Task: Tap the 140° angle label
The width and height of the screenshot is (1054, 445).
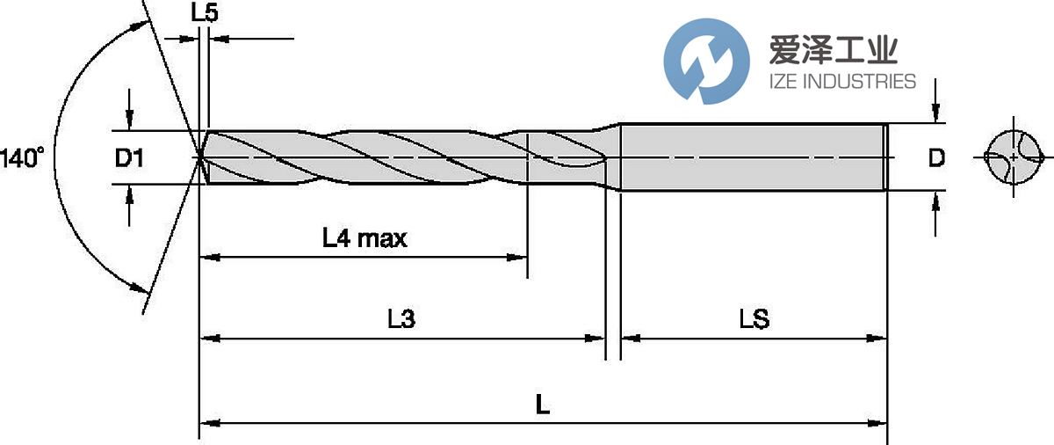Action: pyautogui.click(x=21, y=159)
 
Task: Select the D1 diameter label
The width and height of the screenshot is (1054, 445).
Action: pyautogui.click(x=129, y=159)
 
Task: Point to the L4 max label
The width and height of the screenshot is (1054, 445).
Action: pyautogui.click(x=365, y=237)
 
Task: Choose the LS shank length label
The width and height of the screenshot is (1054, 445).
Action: pyautogui.click(x=754, y=319)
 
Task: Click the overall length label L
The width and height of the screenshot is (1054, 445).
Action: pyautogui.click(x=543, y=406)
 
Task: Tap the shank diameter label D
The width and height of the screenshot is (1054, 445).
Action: pyautogui.click(x=936, y=159)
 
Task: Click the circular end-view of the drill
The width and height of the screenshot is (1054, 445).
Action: pyautogui.click(x=1014, y=158)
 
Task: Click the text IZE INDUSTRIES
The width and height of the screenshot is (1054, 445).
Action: pyautogui.click(x=841, y=82)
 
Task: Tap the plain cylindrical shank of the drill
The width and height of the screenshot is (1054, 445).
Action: pyautogui.click(x=751, y=157)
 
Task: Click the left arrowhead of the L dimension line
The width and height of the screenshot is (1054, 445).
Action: pyautogui.click(x=207, y=424)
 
